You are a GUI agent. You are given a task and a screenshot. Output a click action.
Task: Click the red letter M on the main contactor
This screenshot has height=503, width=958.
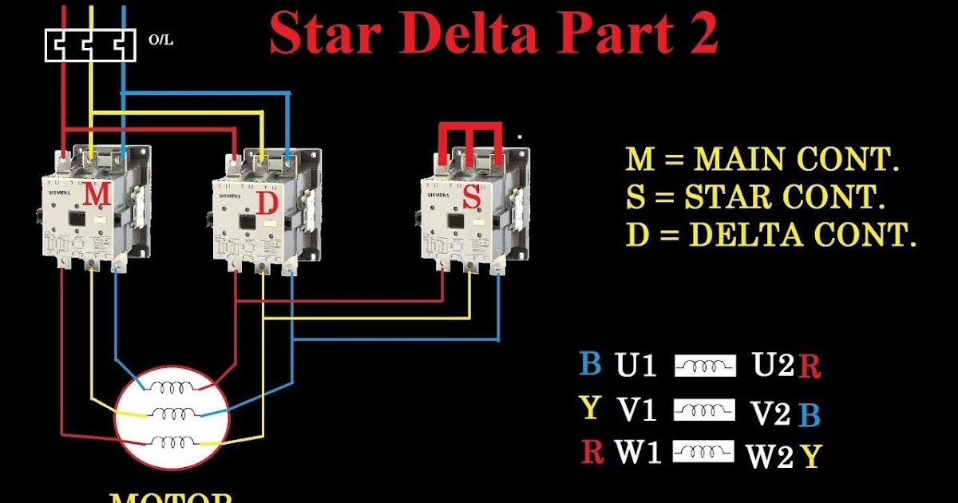click(97, 194)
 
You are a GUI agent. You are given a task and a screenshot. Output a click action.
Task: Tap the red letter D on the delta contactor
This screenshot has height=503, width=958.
click(267, 204)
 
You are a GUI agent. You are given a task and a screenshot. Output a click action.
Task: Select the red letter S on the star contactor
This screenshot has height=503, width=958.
click(473, 196)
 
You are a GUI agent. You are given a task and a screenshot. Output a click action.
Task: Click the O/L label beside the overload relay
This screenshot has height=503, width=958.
click(159, 38)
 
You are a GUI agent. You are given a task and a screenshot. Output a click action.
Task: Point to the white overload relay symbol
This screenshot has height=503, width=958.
click(88, 45)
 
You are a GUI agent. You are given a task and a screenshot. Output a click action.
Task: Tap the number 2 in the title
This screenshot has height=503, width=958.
click(702, 33)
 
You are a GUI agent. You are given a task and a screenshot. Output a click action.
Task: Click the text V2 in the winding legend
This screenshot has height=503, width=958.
click(770, 414)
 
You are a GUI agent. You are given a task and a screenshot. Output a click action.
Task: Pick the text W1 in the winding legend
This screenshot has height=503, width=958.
click(638, 453)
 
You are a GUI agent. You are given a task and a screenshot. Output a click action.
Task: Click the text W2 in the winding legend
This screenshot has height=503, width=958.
click(770, 457)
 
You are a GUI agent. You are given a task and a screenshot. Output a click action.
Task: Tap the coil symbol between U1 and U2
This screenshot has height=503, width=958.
click(704, 366)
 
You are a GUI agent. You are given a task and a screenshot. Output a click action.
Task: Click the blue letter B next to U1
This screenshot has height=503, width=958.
click(590, 364)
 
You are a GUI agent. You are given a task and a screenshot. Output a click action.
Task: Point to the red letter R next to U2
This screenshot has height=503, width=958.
click(810, 367)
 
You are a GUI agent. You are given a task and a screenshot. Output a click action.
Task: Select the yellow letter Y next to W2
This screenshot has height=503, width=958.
click(811, 457)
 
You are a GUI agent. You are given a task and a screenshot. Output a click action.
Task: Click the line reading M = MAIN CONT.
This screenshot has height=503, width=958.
click(762, 160)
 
